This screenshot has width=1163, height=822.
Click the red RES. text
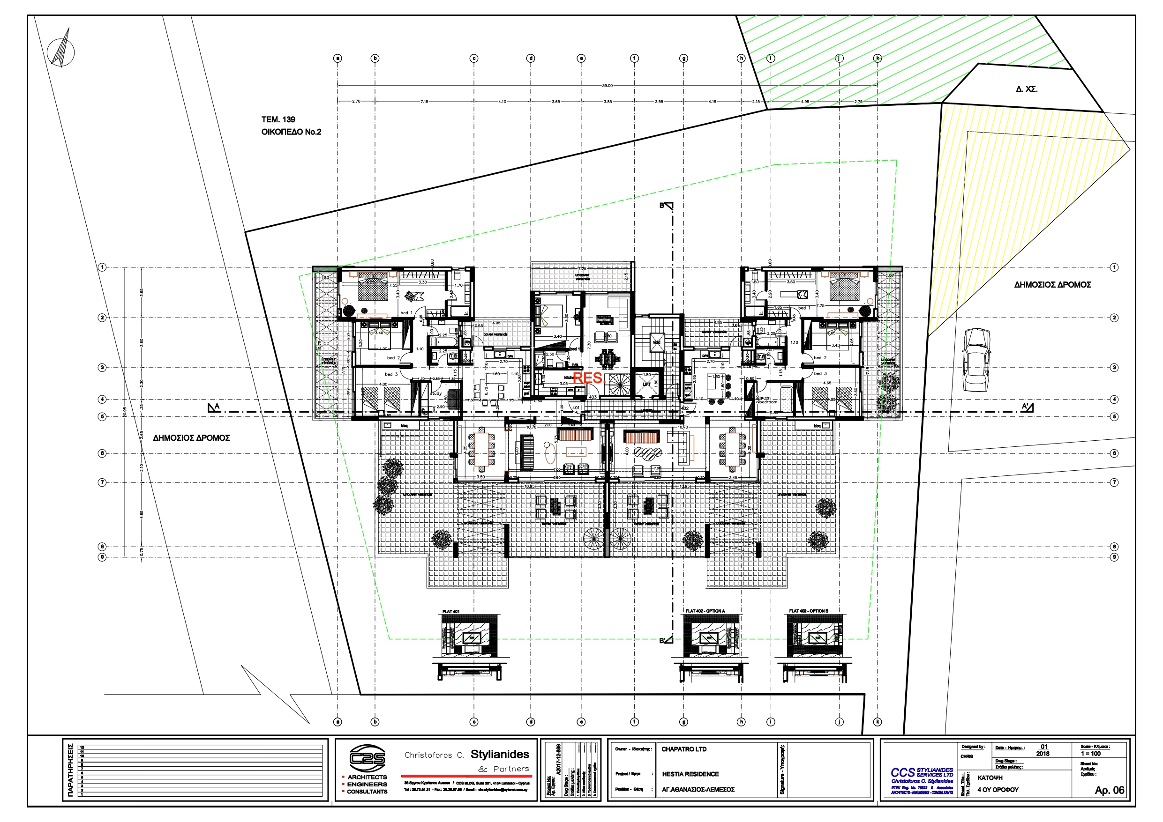pyautogui.click(x=589, y=378)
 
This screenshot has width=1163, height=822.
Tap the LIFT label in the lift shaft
pyautogui.click(x=647, y=385)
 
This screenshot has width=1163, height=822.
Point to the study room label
pyautogui.click(x=435, y=393)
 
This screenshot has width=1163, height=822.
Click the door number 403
pyautogui.click(x=593, y=397)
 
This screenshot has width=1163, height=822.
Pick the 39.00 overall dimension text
pyautogui.click(x=607, y=86)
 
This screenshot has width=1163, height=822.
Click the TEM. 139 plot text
pyautogui.click(x=278, y=119)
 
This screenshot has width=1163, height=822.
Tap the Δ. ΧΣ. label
pyautogui.click(x=1026, y=89)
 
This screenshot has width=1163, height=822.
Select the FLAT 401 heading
pyautogui.click(x=450, y=611)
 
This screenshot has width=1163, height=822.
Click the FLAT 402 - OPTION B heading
pyautogui.click(x=809, y=611)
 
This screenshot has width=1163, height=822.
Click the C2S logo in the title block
pyautogui.click(x=367, y=759)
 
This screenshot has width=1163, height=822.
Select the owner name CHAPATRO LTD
pyautogui.click(x=683, y=749)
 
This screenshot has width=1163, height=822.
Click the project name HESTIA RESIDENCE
pyautogui.click(x=690, y=774)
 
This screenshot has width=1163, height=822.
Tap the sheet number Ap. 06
pyautogui.click(x=1109, y=790)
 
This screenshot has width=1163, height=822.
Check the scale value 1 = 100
pyautogui.click(x=1090, y=754)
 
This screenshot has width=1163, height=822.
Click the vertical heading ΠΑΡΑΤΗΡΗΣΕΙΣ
pyautogui.click(x=70, y=770)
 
